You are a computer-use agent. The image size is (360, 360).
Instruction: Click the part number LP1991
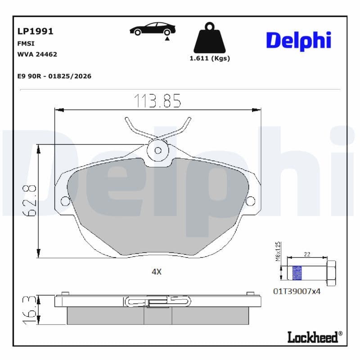click(x=35, y=31)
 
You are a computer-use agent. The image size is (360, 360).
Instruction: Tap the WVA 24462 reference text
click(x=37, y=54)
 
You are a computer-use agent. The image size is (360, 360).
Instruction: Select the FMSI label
click(x=26, y=44)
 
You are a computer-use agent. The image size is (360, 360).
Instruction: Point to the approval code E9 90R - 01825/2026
click(x=54, y=76)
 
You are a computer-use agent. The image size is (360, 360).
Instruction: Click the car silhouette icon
click(x=152, y=30)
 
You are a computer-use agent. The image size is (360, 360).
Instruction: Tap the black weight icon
click(x=210, y=39)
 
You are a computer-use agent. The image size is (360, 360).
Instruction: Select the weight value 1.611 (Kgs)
click(x=210, y=58)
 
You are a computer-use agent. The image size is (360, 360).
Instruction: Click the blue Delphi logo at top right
click(x=298, y=40)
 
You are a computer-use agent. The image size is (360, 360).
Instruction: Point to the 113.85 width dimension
click(x=157, y=101)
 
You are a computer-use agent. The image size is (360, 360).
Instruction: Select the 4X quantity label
click(x=156, y=271)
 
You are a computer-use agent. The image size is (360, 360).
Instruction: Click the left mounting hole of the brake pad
click(x=65, y=200)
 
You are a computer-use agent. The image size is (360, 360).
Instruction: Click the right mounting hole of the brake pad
click(x=250, y=200)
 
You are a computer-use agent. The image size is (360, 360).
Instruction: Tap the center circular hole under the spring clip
click(x=157, y=150)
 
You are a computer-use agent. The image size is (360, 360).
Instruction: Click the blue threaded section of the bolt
click(x=297, y=273)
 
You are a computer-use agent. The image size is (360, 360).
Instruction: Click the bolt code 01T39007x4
click(x=297, y=291)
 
